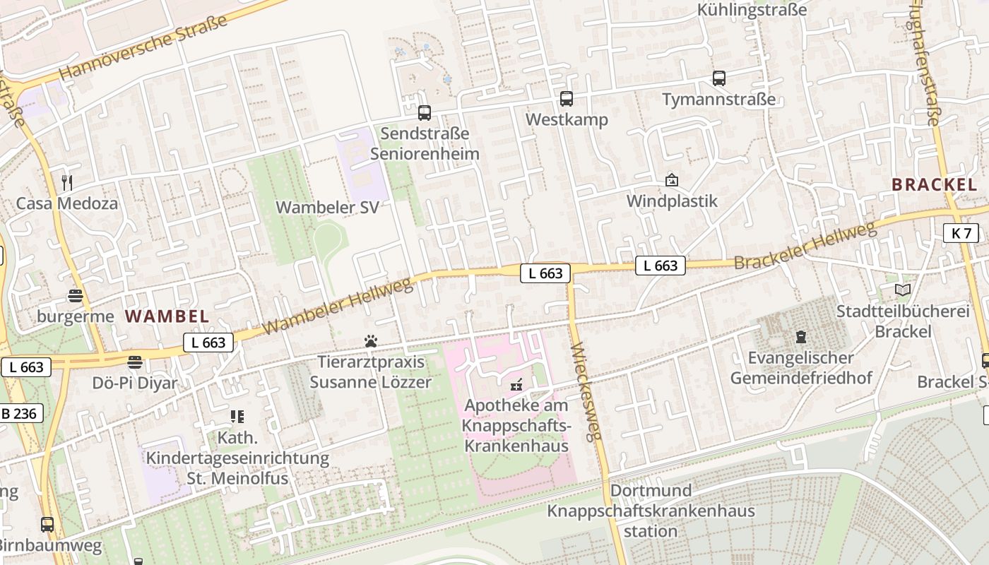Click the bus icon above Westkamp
[567, 99]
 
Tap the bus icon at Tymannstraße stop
[719, 78]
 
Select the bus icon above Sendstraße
[425, 112]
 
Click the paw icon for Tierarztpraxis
[371, 342]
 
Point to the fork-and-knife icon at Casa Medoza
[67, 183]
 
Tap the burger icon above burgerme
[76, 296]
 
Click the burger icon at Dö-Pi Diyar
[135, 363]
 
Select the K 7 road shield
[961, 233]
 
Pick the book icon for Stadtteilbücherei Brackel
[903, 290]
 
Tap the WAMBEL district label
[167, 316]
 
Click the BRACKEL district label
[934, 185]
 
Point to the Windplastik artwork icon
[672, 181]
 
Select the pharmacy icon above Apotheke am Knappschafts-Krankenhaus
[517, 386]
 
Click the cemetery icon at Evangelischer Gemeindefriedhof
[801, 337]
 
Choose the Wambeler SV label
[327, 208]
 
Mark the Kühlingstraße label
[752, 10]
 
